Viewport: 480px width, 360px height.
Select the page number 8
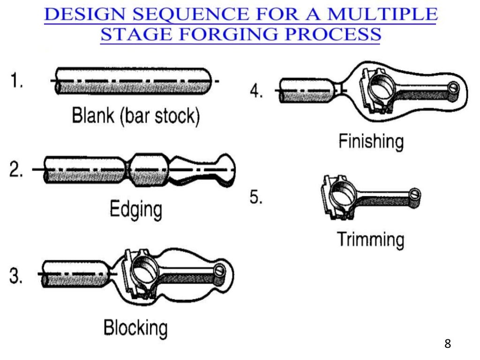(x=447, y=344)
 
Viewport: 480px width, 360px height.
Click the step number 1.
(x=17, y=83)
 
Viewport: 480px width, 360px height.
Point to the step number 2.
(x=17, y=170)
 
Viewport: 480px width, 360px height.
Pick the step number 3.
(x=17, y=275)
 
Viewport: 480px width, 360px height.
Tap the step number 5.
(x=256, y=197)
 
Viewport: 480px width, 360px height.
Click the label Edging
(x=136, y=209)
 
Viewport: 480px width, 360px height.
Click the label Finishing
(x=371, y=141)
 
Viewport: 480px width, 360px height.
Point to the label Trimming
(x=370, y=240)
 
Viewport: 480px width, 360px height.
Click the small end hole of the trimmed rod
(x=414, y=194)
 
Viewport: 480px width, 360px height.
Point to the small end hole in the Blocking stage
(x=221, y=271)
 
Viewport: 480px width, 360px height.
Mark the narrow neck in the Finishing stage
(x=341, y=88)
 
